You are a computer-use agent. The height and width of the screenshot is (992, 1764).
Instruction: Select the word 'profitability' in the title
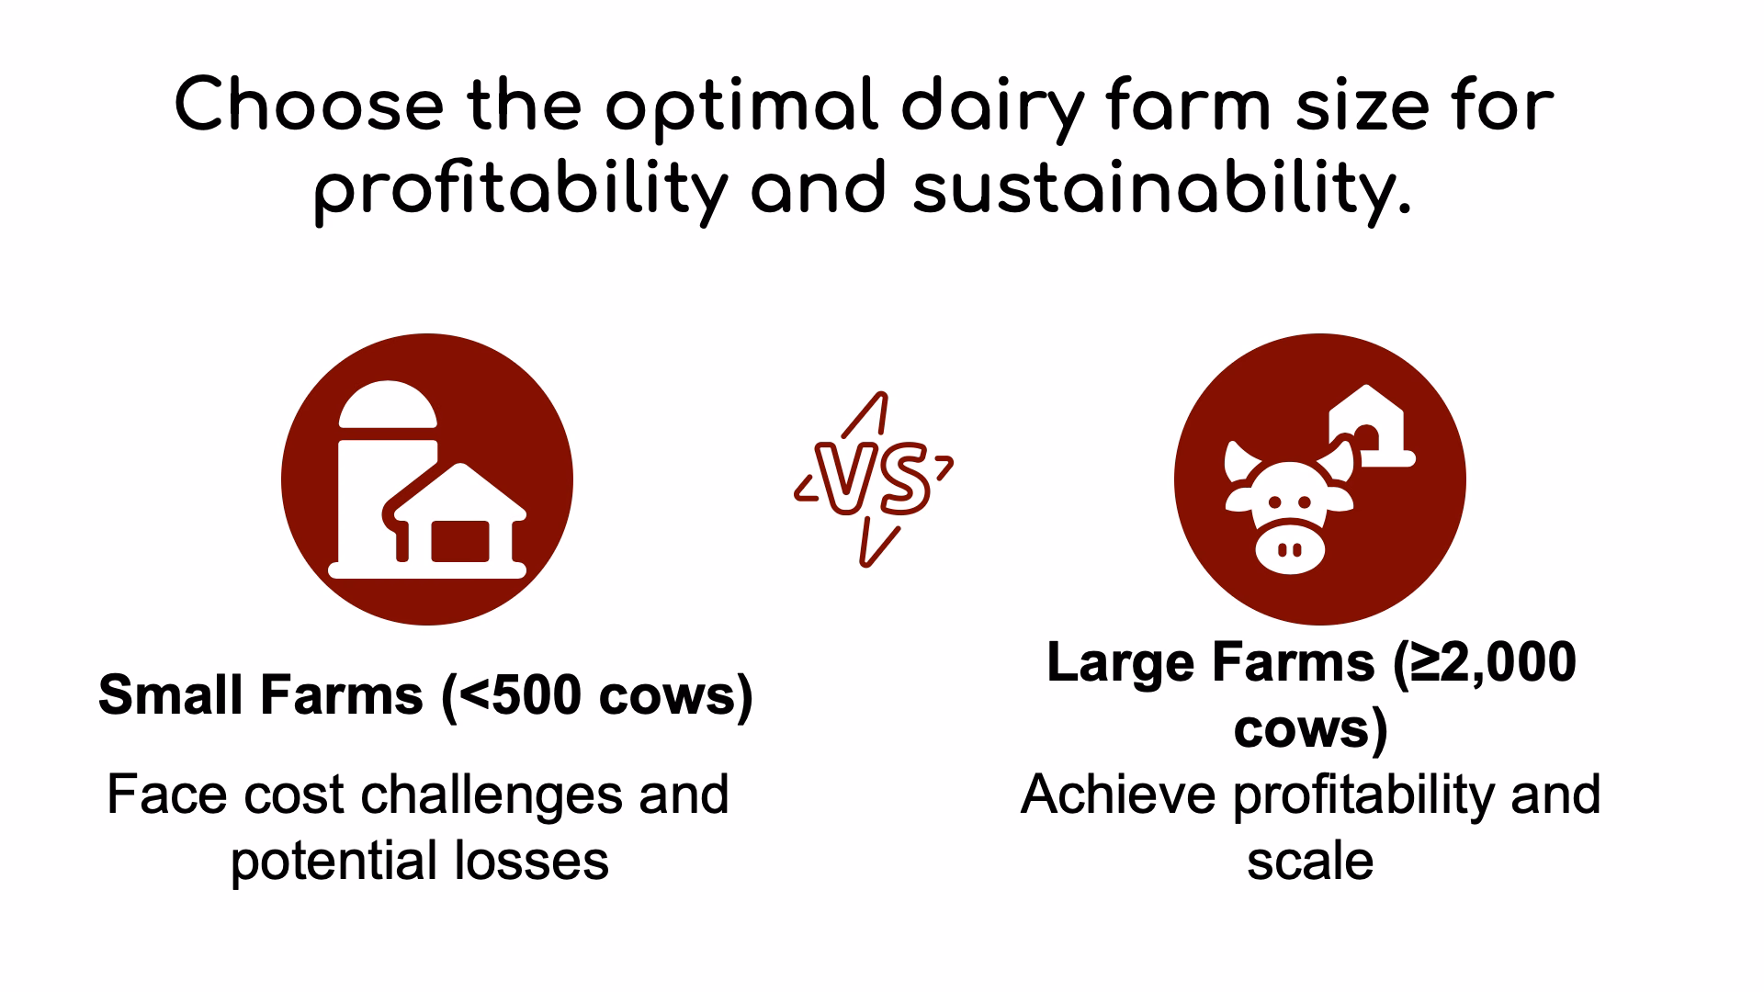(x=520, y=193)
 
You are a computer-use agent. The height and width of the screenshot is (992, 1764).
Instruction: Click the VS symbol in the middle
(x=874, y=479)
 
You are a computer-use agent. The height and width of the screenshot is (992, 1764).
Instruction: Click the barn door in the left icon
(x=460, y=540)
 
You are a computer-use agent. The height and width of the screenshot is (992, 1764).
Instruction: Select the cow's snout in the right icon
(x=1290, y=547)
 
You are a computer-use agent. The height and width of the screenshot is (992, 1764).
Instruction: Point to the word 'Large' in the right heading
(x=1121, y=661)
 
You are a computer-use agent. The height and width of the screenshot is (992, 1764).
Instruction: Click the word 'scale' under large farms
(x=1310, y=862)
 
